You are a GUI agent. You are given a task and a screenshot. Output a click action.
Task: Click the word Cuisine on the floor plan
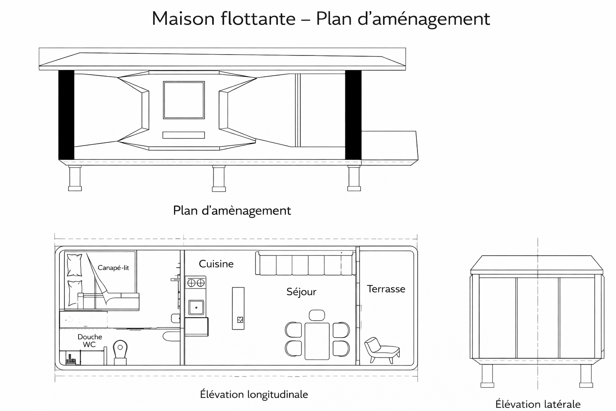click(x=216, y=264)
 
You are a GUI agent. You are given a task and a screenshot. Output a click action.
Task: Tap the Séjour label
click(x=301, y=292)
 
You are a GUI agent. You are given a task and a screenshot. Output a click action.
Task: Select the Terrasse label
click(x=386, y=289)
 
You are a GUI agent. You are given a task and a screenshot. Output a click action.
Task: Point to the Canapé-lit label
click(x=113, y=268)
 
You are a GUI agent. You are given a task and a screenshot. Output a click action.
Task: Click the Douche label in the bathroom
click(x=90, y=337)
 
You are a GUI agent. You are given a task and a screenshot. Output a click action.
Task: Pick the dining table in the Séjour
click(x=317, y=341)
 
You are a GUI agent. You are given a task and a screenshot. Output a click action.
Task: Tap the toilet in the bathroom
click(x=120, y=352)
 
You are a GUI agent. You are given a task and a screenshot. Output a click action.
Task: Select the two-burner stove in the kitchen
click(x=195, y=283)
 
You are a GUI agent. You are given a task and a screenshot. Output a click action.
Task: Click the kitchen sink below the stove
click(x=196, y=307)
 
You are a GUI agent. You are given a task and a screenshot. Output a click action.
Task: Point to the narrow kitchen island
click(x=238, y=308)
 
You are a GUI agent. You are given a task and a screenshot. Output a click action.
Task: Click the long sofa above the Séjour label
click(x=305, y=263)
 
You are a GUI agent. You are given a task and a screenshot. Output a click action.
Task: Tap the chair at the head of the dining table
click(x=317, y=315)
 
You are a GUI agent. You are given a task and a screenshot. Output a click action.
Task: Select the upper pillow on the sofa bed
click(x=75, y=265)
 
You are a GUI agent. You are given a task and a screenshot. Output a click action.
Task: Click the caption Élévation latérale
click(x=538, y=404)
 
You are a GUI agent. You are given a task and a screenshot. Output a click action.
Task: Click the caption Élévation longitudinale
click(x=254, y=395)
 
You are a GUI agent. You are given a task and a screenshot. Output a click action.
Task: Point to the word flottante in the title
click(x=258, y=18)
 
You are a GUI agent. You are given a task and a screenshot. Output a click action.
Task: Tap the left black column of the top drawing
click(x=66, y=115)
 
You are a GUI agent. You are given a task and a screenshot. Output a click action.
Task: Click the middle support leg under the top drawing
click(x=219, y=178)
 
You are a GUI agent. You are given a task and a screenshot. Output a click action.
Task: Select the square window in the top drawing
click(x=184, y=100)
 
